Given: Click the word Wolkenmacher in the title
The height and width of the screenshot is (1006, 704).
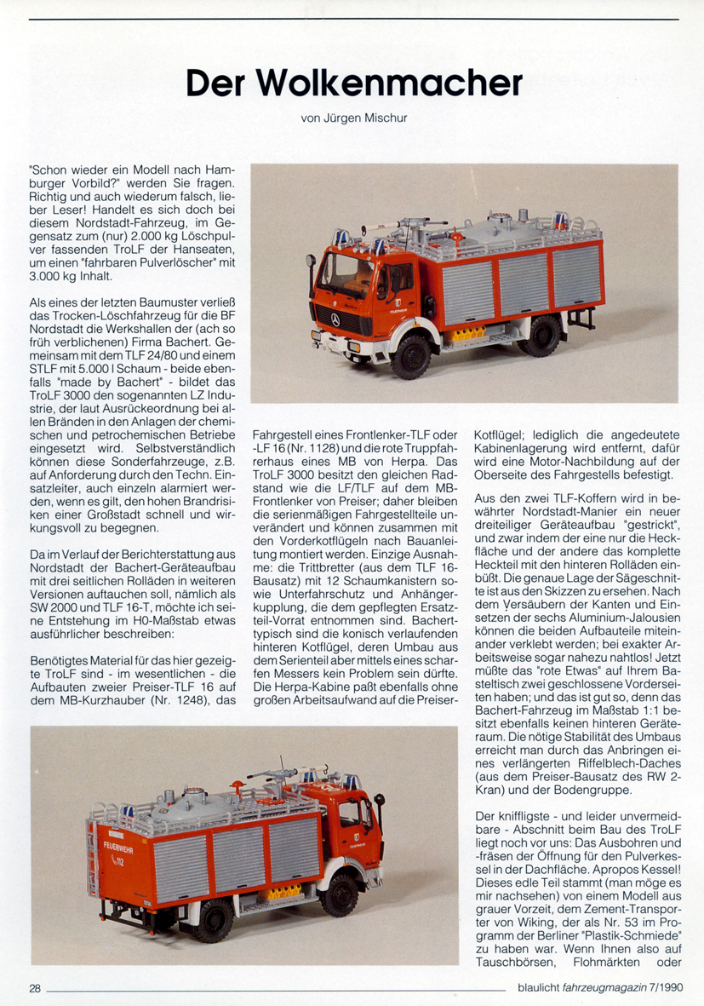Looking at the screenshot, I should (x=390, y=83).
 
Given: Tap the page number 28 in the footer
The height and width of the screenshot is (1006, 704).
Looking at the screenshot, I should (x=35, y=989).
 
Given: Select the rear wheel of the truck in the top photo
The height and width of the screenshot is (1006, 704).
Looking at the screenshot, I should (x=541, y=334).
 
